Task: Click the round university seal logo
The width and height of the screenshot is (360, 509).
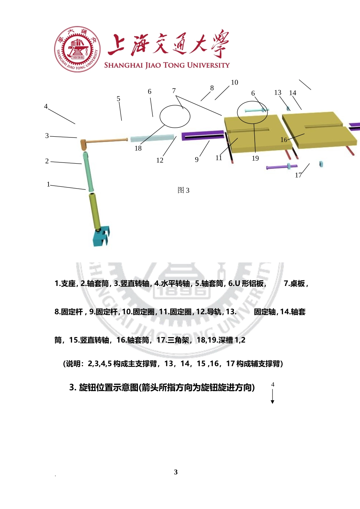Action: pyautogui.click(x=77, y=49)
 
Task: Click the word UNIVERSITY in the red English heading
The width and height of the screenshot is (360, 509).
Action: pyautogui.click(x=208, y=65)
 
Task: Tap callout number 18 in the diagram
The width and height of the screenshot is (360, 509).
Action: pyautogui.click(x=138, y=148)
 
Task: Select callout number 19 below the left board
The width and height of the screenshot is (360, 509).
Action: pyautogui.click(x=255, y=158)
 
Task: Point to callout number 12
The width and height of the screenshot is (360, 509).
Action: pyautogui.click(x=160, y=161)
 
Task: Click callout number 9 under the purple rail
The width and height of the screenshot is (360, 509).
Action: pyautogui.click(x=197, y=160)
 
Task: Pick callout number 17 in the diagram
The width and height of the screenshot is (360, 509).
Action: pyautogui.click(x=298, y=175)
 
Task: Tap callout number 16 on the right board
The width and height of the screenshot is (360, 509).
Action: pyautogui.click(x=283, y=140)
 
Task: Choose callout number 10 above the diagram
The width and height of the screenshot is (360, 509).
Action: pyautogui.click(x=235, y=83)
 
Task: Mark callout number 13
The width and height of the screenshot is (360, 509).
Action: pyautogui.click(x=278, y=92)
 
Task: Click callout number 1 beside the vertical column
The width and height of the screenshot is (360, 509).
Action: pyautogui.click(x=48, y=184)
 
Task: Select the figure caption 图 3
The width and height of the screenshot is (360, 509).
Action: pyautogui.click(x=183, y=190)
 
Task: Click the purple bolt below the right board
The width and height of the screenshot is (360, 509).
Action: pyautogui.click(x=282, y=167)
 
